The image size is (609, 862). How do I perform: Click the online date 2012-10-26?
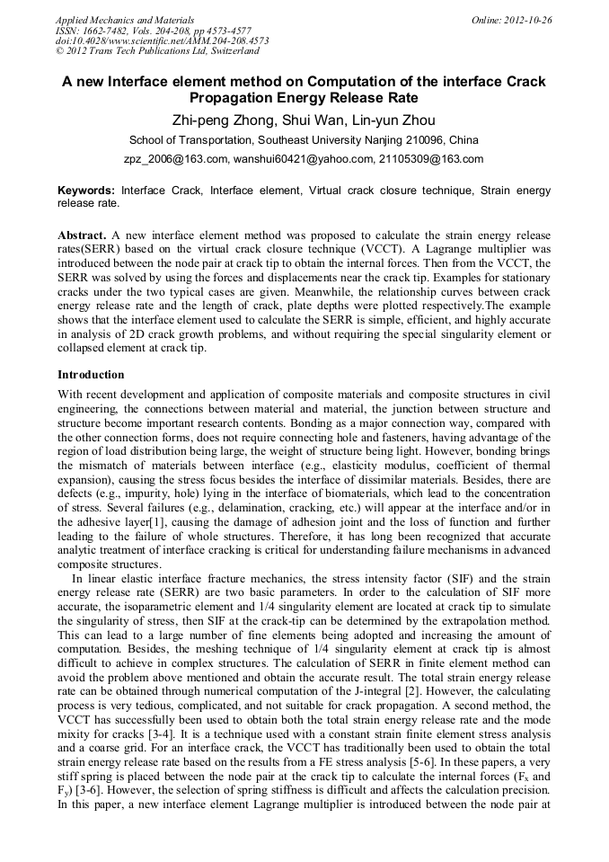coord(525,19)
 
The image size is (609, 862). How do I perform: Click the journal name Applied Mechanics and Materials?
coord(125,19)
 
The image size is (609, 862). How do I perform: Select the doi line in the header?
coord(162,40)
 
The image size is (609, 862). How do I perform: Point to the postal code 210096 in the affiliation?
coord(422,140)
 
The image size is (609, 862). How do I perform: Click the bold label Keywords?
coord(86,191)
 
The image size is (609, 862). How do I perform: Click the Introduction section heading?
coord(91,374)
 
